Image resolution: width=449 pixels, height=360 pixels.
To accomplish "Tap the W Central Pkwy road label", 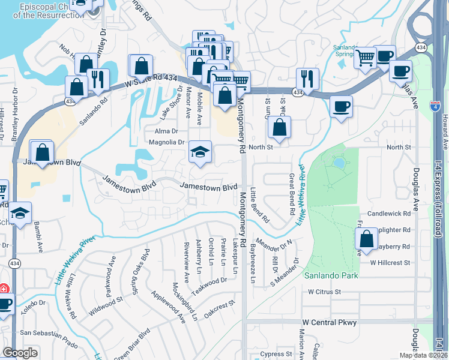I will [x=330, y=322].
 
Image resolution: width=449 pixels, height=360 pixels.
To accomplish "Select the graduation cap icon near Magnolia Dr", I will [x=200, y=152].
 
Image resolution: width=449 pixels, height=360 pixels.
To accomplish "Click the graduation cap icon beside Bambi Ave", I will [x=20, y=213].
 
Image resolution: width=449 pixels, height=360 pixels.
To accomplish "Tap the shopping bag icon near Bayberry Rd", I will [x=366, y=239].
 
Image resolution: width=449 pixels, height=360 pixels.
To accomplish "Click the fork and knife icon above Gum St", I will [x=307, y=78].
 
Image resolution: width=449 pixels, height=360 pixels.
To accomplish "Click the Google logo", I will [x=20, y=353].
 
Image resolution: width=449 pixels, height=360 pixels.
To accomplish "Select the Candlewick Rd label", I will [x=390, y=213].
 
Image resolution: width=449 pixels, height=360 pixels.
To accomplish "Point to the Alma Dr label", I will [x=167, y=131].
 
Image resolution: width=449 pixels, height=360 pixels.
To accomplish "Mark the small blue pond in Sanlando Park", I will [x=339, y=163].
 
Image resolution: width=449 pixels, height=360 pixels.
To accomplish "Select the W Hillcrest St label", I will [x=390, y=262].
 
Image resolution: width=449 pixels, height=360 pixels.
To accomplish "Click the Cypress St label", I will [x=276, y=354].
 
